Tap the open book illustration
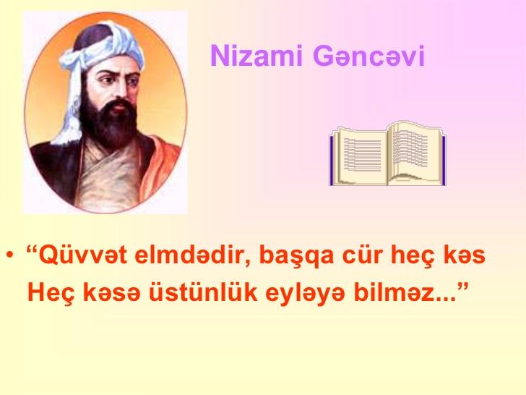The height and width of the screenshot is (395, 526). pyautogui.click(x=387, y=153)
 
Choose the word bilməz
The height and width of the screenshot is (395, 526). pyautogui.click(x=397, y=292)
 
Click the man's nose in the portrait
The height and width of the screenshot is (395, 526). pyautogui.click(x=121, y=90)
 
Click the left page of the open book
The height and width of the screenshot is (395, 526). pyautogui.click(x=361, y=156)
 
